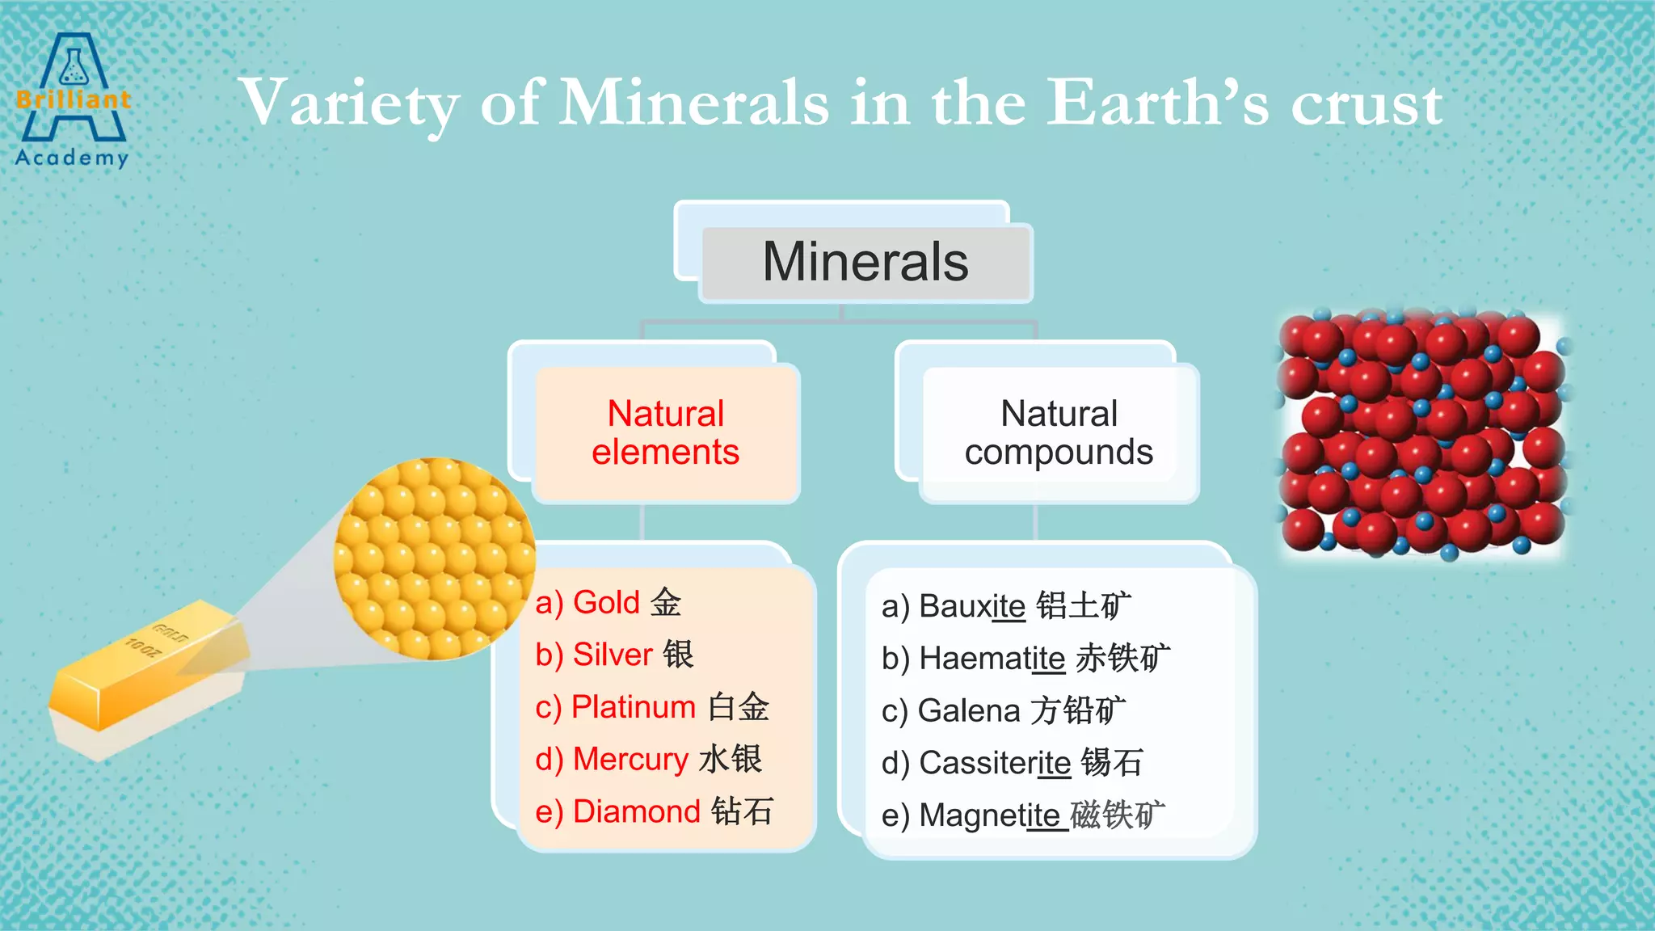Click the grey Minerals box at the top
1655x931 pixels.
(x=865, y=263)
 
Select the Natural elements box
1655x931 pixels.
(x=665, y=433)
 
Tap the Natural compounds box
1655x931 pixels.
(x=1059, y=433)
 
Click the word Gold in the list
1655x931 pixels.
(x=606, y=603)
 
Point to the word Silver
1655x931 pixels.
(x=613, y=655)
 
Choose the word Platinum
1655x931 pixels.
(x=633, y=707)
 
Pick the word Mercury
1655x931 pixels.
(x=630, y=760)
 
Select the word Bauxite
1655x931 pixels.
(x=972, y=606)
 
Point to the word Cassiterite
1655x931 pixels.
(x=995, y=763)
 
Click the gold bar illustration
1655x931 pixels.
(x=145, y=679)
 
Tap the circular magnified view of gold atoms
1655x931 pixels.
(x=434, y=558)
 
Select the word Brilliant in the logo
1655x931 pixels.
(x=73, y=100)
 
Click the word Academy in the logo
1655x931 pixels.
(x=72, y=157)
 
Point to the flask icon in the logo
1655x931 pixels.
(x=74, y=66)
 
